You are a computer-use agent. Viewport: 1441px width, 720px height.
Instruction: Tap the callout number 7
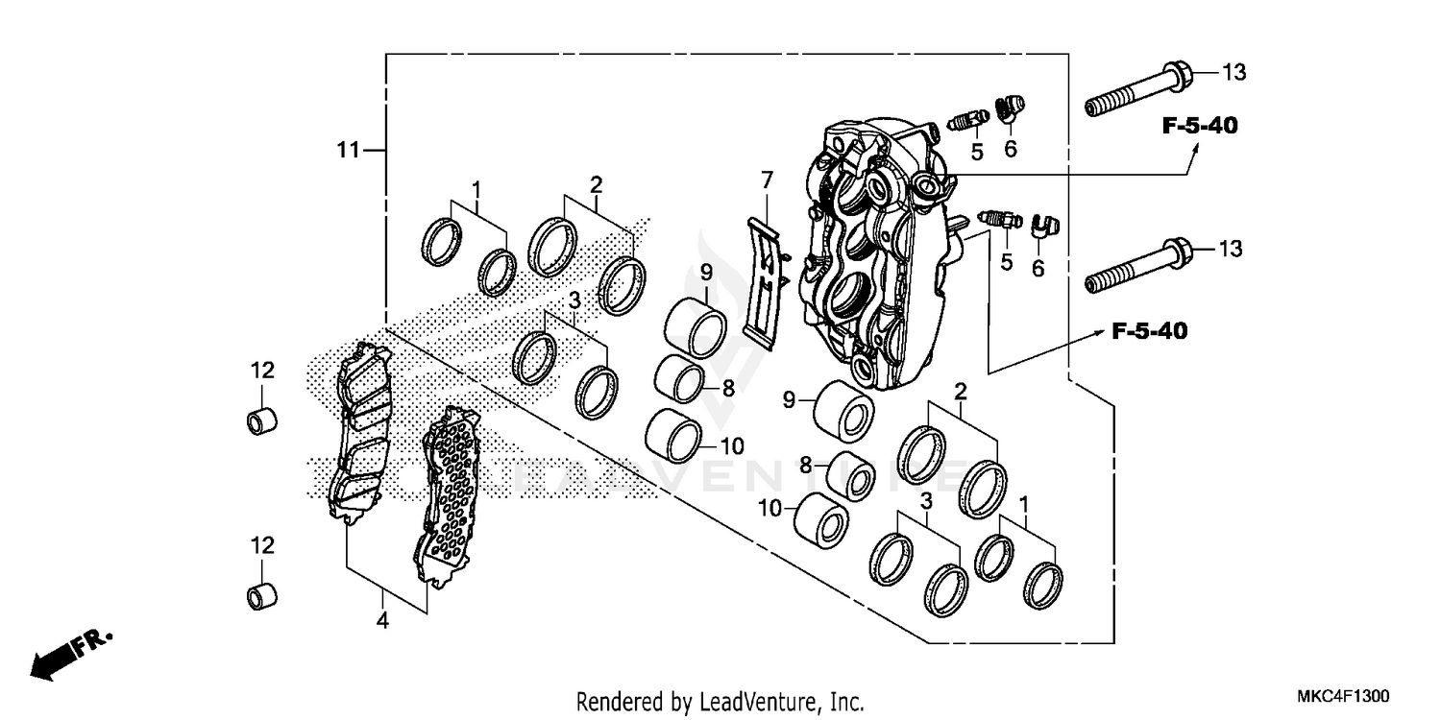tap(766, 180)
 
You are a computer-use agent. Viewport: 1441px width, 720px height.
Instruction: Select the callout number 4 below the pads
tap(382, 621)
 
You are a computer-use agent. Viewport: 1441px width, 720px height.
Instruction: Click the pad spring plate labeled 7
tap(765, 278)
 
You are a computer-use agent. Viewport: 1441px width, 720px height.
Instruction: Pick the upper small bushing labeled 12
tap(263, 420)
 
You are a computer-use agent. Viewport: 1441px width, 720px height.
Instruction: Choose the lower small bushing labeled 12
tap(263, 596)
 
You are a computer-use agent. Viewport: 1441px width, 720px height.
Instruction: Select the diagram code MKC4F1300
tap(1344, 695)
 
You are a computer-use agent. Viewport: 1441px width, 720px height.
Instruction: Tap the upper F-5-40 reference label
tap(1200, 125)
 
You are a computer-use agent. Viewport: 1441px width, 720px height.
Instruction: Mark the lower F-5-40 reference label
tap(1149, 332)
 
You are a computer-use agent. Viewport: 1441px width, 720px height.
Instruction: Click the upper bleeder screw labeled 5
tap(967, 120)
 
